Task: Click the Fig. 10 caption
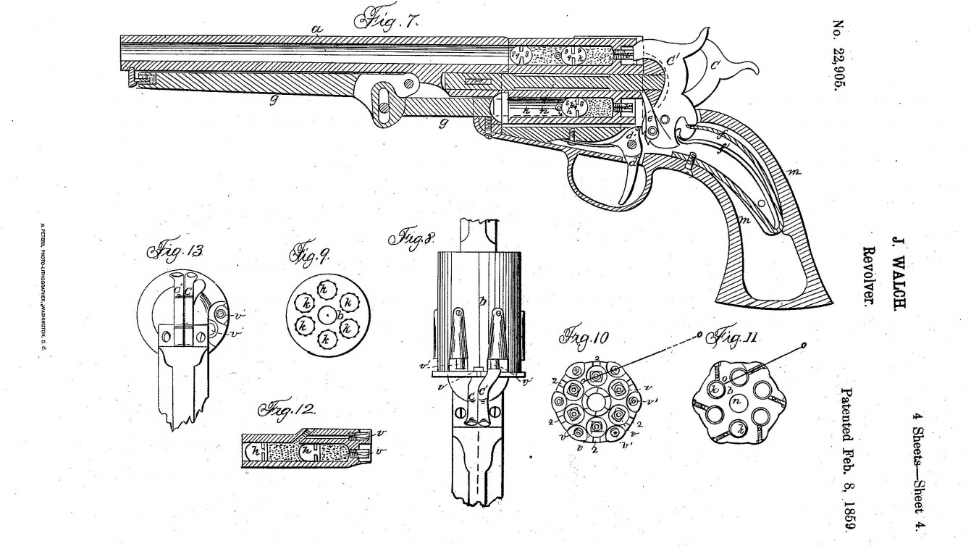click(585, 338)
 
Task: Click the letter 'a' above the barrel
click(316, 29)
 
